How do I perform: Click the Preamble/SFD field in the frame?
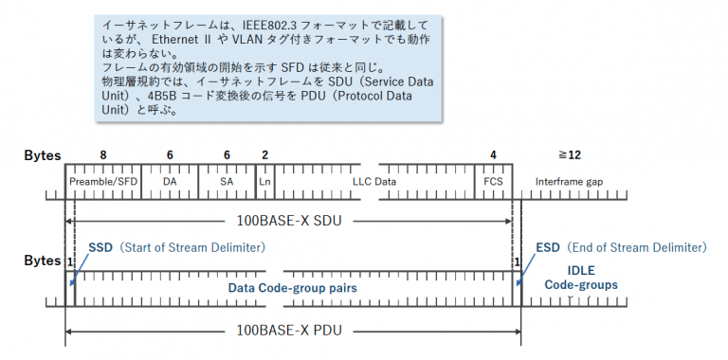tap(102, 179)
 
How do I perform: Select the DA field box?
tap(170, 179)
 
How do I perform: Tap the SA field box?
tap(227, 179)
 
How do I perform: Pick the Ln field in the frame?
tap(265, 179)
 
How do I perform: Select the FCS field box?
tap(493, 179)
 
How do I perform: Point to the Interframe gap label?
tap(569, 179)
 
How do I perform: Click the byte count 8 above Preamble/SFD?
tap(102, 154)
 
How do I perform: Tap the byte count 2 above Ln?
tap(264, 154)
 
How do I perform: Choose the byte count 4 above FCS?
tap(493, 154)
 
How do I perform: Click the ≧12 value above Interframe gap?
tap(569, 154)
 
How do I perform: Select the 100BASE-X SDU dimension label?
tap(290, 222)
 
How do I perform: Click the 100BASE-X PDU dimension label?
tap(290, 333)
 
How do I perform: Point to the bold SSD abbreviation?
tap(100, 247)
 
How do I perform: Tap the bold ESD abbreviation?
tap(548, 247)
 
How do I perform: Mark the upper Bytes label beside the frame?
tap(42, 155)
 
